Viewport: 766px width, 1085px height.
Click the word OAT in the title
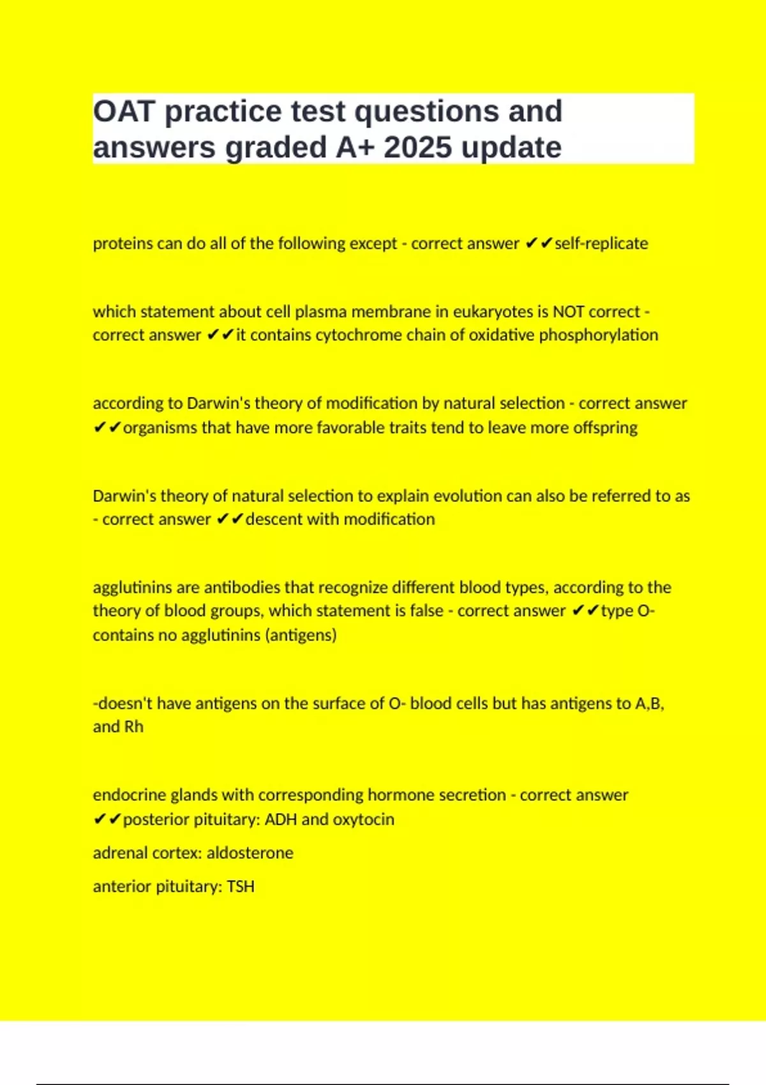[x=124, y=112]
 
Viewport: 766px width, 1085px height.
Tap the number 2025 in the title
[x=418, y=148]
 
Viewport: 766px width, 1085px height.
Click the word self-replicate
[x=601, y=243]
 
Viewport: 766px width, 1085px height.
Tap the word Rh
[x=134, y=727]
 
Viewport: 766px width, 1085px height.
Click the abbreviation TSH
[x=241, y=887]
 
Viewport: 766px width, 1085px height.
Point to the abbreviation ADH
[x=280, y=819]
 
